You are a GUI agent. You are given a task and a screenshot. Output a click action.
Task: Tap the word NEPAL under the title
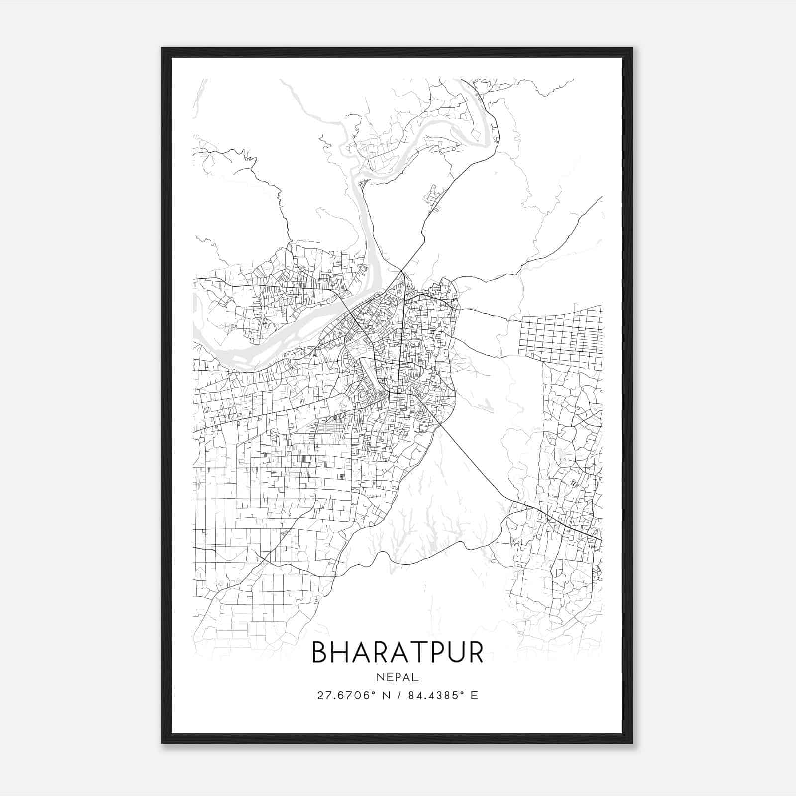coord(398,677)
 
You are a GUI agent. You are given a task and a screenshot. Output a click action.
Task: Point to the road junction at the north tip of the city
coord(401,271)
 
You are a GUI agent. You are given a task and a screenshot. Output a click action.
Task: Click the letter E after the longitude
coord(474,696)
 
